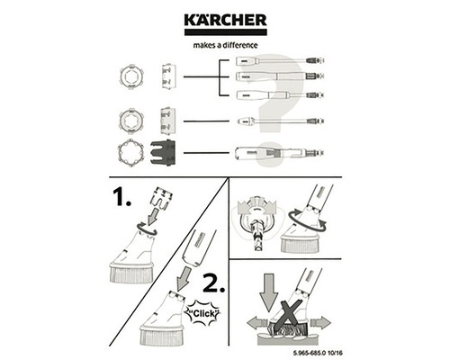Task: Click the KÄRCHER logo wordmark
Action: [x=225, y=22]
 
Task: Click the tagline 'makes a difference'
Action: [x=225, y=43]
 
